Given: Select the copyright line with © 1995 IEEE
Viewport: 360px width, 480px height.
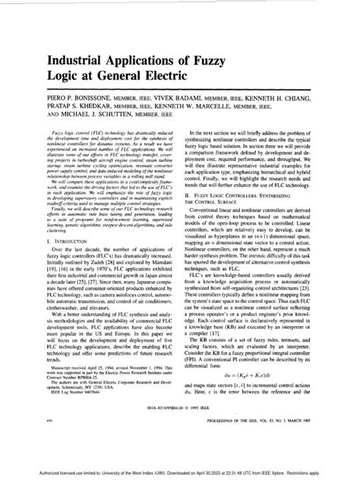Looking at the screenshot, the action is pyautogui.click(x=179, y=427).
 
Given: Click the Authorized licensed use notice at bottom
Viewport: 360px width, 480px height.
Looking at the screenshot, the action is pyautogui.click(x=180, y=472).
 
